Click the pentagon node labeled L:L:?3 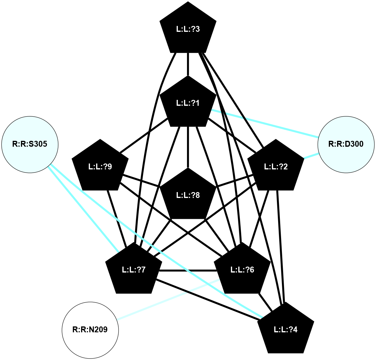[188, 29]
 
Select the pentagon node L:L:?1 [188, 103]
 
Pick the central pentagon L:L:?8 [188, 195]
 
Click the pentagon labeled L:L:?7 [134, 270]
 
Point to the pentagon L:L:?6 [242, 270]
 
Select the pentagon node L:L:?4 [285, 329]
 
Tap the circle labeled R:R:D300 [346, 144]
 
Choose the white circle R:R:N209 [90, 330]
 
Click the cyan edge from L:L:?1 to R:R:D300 [265, 124]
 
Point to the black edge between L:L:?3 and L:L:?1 [188, 64]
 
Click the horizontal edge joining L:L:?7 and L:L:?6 [188, 270]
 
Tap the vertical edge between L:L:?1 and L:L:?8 [188, 147]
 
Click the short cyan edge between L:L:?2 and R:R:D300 [311, 156]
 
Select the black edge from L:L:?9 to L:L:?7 [117, 218]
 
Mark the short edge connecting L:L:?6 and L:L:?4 [265, 302]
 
